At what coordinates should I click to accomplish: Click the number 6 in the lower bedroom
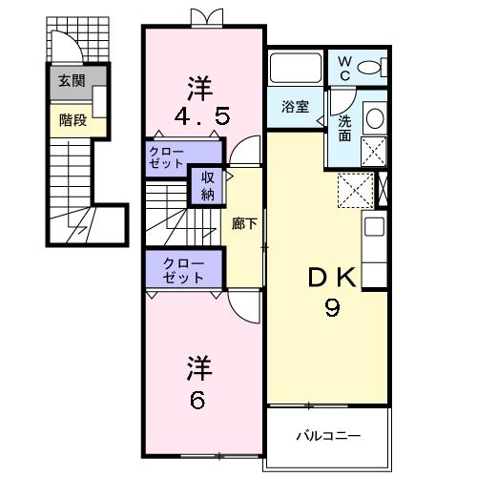tap(197, 401)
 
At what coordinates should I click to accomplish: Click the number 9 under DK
tap(332, 308)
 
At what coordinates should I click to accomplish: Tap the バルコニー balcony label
tap(327, 436)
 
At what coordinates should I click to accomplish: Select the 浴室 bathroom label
tap(295, 107)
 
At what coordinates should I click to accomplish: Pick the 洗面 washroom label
tap(344, 128)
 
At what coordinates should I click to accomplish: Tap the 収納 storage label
tap(207, 186)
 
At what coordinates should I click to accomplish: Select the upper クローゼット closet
tap(167, 158)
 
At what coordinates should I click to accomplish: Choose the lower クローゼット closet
tap(182, 270)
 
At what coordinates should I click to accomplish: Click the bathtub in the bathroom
tap(296, 68)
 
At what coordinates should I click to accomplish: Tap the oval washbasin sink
tap(375, 118)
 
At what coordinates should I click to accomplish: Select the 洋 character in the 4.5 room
tap(198, 87)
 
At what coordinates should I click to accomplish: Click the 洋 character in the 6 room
tap(197, 368)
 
